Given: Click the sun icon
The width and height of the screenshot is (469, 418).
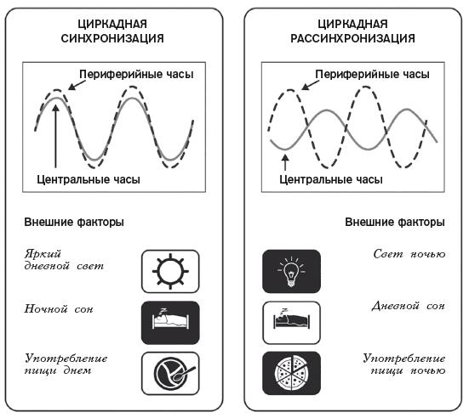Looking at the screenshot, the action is pos(170,271).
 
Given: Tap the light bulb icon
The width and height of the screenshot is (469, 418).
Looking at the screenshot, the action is pos(291,271).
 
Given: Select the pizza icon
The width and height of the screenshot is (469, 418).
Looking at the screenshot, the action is pos(292,374).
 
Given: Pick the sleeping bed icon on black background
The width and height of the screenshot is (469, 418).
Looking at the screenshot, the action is pos(170,323).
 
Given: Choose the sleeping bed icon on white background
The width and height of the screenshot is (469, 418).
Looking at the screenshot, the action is pos(291,323).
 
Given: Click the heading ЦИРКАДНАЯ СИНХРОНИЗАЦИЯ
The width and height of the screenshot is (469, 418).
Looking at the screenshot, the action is pos(112,31).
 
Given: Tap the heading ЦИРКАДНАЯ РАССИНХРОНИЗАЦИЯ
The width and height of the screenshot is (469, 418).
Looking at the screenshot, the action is pos(352,31).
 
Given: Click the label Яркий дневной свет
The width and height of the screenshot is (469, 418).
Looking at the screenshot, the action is pos(64,260).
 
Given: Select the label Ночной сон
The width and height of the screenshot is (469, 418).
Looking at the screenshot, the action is pos(59,308).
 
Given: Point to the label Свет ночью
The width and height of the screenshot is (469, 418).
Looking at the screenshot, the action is pos(409,254).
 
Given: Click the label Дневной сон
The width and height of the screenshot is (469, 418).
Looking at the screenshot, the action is pos(409,306).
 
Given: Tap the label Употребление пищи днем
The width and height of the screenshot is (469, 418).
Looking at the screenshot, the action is pos(66,364).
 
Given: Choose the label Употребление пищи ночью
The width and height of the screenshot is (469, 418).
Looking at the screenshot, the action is pos(404,364).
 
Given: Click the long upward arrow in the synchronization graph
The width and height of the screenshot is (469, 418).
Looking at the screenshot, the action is pos(55,136).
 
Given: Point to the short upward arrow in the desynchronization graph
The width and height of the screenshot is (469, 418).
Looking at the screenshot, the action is pos(285,162).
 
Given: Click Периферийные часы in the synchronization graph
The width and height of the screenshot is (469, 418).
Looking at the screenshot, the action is pos(137,75).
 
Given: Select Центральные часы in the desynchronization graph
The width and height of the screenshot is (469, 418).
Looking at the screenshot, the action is pos(331,179).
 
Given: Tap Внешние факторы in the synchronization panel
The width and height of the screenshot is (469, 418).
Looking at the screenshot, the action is pos(74,222).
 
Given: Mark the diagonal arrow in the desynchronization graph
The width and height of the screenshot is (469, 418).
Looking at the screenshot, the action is pos(308,85).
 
